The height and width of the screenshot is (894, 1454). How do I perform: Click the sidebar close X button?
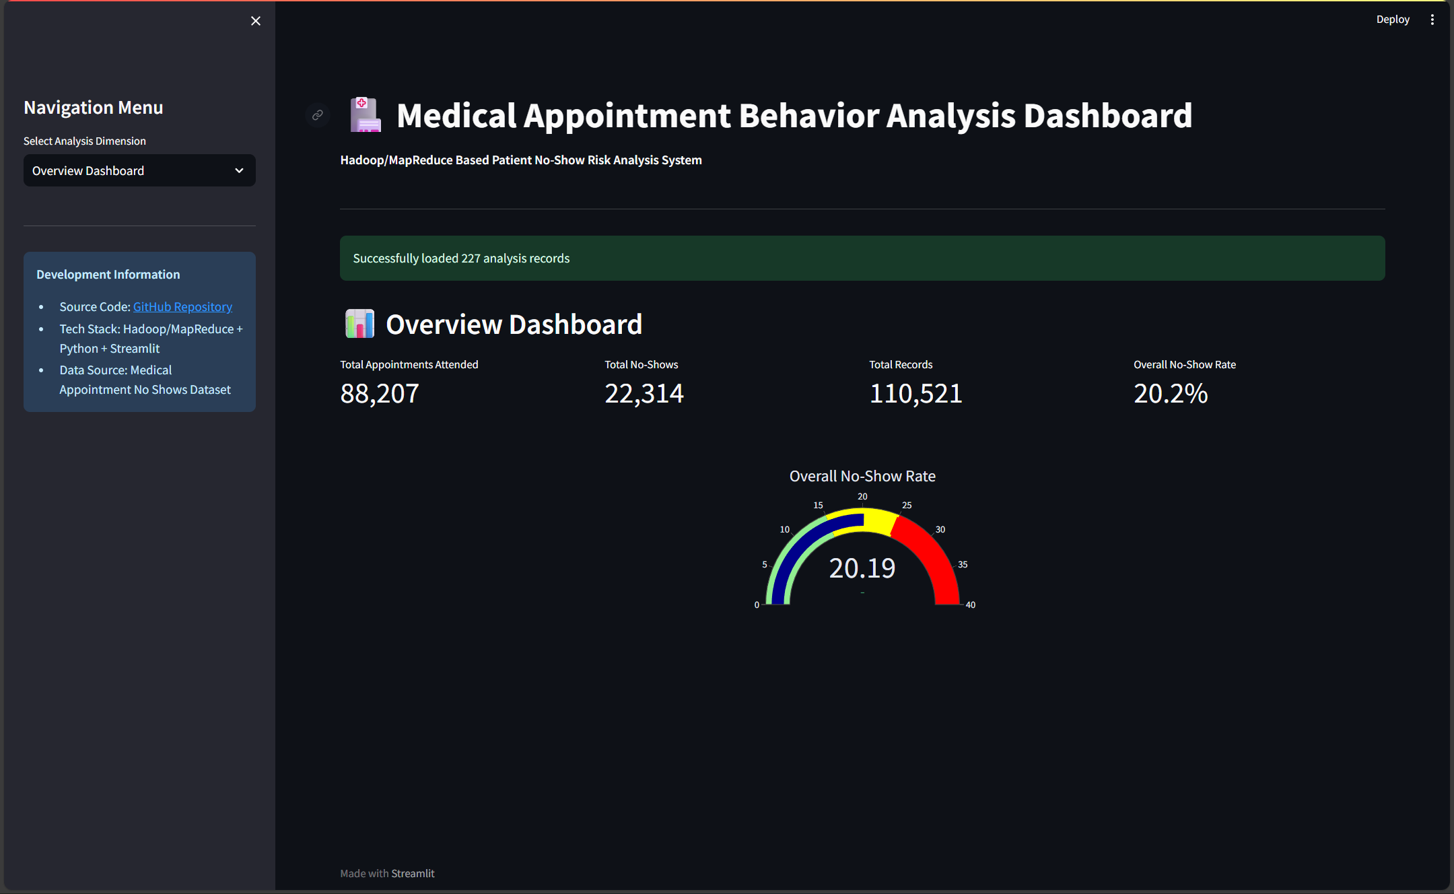click(x=256, y=21)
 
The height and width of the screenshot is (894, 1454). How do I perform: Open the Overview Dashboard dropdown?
click(x=139, y=171)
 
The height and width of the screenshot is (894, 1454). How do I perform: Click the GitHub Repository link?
click(x=182, y=307)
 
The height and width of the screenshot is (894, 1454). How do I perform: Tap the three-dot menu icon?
click(x=1432, y=20)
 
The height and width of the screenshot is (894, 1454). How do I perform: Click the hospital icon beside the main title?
click(x=366, y=115)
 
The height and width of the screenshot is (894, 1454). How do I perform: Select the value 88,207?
click(x=380, y=394)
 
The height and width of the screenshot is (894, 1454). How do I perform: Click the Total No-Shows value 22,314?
click(x=644, y=394)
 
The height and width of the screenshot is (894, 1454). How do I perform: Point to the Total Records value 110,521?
click(x=915, y=394)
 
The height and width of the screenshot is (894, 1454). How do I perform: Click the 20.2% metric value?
click(x=1171, y=394)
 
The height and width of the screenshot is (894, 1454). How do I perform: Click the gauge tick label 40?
click(x=970, y=605)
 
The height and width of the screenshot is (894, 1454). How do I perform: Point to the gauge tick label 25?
click(x=907, y=506)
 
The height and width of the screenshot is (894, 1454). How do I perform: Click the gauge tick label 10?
click(x=785, y=530)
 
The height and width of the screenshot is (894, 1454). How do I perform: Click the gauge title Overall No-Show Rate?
click(x=862, y=477)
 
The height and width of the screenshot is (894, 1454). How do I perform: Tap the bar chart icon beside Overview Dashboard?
click(x=359, y=324)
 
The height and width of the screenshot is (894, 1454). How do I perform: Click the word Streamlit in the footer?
click(x=413, y=874)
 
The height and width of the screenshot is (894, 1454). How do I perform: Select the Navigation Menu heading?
click(x=94, y=108)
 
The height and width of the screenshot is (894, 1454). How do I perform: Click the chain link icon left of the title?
click(x=318, y=115)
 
